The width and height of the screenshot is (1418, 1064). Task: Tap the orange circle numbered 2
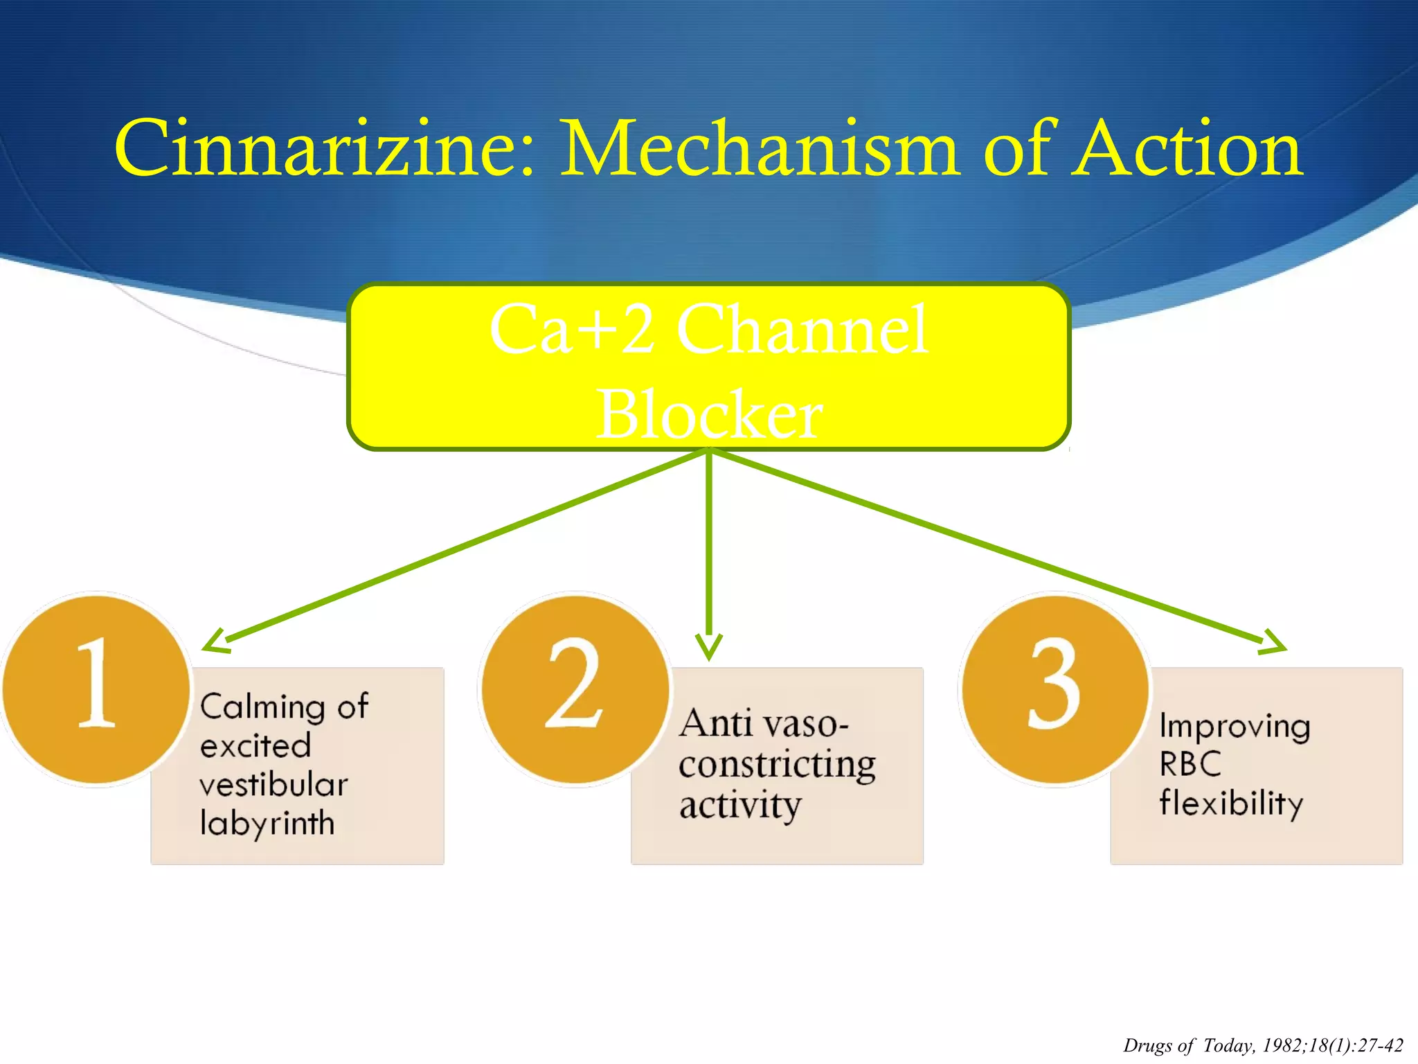point(575,690)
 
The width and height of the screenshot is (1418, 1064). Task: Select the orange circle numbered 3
point(1054,690)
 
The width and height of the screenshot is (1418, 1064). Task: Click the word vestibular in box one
point(273,785)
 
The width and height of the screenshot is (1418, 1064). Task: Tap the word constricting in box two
point(777,765)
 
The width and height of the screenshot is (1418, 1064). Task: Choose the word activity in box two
point(740,806)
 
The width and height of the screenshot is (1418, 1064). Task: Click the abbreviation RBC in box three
point(1190,764)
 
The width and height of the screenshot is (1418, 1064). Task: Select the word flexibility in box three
point(1231,804)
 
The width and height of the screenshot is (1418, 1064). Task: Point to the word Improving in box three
point(1235,727)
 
